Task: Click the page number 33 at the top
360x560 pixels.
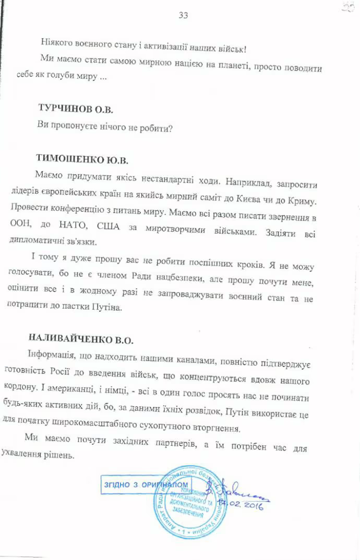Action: coord(183,15)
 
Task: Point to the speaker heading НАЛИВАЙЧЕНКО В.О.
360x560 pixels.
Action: coord(81,339)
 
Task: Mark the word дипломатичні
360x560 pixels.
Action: coord(35,242)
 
